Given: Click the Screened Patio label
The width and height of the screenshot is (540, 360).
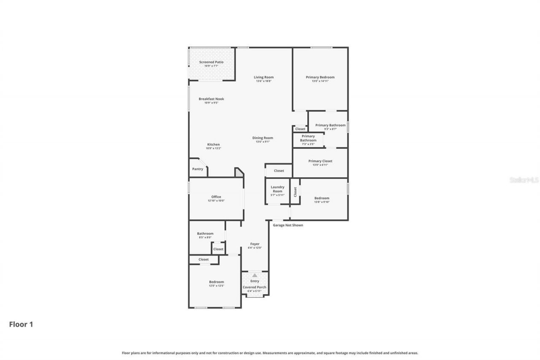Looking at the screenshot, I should tap(211, 62).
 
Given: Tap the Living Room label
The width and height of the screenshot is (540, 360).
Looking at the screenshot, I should tap(264, 77).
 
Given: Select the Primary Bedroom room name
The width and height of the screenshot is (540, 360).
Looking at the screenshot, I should tap(320, 77).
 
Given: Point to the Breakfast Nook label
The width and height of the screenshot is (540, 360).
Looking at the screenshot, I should tap(211, 99).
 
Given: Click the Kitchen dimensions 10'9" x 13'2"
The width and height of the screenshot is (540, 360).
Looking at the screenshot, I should tap(213, 149).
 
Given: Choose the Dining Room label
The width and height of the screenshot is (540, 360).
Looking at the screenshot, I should tap(262, 138).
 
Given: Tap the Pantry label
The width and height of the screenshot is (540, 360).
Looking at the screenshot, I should tap(197, 169).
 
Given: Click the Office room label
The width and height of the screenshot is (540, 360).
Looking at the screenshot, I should tap(216, 197).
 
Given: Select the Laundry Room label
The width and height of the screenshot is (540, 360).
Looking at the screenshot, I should tap(277, 189).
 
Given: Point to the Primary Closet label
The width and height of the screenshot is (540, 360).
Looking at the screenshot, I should tap(320, 161).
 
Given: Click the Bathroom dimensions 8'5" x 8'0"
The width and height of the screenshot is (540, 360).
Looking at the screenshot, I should tap(205, 238).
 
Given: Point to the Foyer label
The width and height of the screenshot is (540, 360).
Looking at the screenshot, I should tap(254, 244).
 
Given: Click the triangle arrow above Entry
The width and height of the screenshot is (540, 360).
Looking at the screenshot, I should tap(254, 275).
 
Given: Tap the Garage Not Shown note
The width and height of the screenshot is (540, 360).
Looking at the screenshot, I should tap(288, 225).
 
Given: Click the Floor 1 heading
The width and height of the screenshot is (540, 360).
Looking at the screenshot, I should tap(21, 325).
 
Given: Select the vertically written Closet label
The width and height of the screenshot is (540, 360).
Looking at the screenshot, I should tap(295, 192).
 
